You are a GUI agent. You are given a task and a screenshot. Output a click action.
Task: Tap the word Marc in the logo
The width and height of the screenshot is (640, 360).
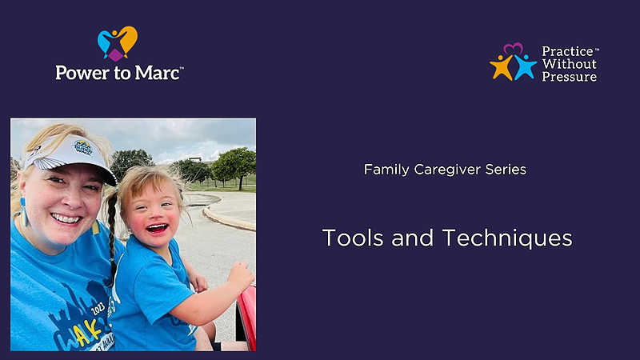click(157, 73)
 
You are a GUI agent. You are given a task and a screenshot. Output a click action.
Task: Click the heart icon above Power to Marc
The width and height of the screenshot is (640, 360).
click(117, 43)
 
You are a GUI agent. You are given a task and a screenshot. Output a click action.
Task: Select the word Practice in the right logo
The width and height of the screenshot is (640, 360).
click(567, 51)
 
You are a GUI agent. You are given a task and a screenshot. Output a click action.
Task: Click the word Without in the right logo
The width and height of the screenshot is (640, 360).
click(569, 64)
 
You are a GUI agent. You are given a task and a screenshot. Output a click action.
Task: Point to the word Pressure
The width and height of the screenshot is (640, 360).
click(569, 77)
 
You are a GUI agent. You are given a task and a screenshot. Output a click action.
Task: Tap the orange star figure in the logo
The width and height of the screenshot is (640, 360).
click(502, 67)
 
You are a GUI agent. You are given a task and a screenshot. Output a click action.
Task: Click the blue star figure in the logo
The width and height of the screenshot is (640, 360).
click(525, 67)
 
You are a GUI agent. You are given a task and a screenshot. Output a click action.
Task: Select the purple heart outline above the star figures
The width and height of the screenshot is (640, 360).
click(513, 49)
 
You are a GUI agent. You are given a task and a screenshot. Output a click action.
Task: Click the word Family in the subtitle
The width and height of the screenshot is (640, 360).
click(386, 170)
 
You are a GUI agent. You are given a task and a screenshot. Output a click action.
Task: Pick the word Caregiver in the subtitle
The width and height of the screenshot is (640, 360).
click(447, 170)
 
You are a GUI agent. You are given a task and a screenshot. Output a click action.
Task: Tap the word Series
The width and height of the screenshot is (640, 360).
click(506, 170)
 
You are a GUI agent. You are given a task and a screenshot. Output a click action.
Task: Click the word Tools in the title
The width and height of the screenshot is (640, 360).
click(353, 238)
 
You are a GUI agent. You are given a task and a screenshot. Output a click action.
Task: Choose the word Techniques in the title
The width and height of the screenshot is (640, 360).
click(507, 238)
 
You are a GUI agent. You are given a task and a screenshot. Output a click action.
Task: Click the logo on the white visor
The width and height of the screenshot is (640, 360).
click(83, 148)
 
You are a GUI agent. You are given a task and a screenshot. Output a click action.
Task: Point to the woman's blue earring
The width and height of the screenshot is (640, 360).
click(24, 212)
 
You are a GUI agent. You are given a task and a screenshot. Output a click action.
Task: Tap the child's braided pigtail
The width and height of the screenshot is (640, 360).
click(112, 233)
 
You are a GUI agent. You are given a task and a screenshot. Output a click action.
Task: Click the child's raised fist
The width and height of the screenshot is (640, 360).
click(241, 276)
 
